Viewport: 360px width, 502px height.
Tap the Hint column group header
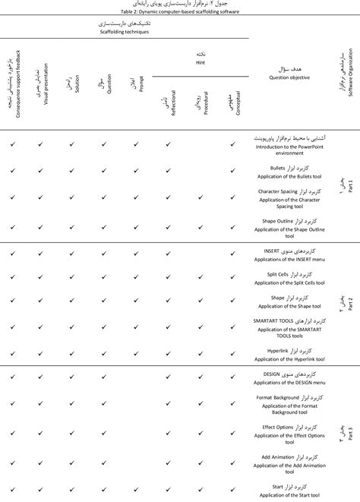201,62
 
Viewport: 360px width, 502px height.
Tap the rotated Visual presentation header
43,91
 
